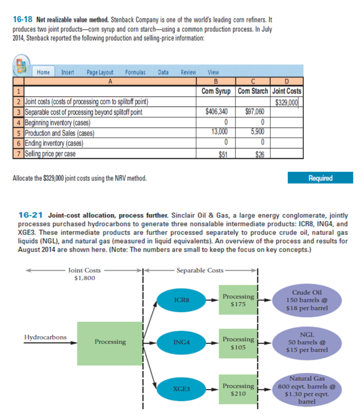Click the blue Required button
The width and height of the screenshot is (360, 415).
pyautogui.click(x=320, y=178)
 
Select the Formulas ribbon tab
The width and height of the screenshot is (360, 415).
pyautogui.click(x=135, y=72)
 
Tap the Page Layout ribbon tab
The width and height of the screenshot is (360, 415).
pyautogui.click(x=100, y=72)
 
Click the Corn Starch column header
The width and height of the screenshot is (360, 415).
pyautogui.click(x=253, y=91)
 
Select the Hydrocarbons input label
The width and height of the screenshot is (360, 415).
pyautogui.click(x=45, y=337)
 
